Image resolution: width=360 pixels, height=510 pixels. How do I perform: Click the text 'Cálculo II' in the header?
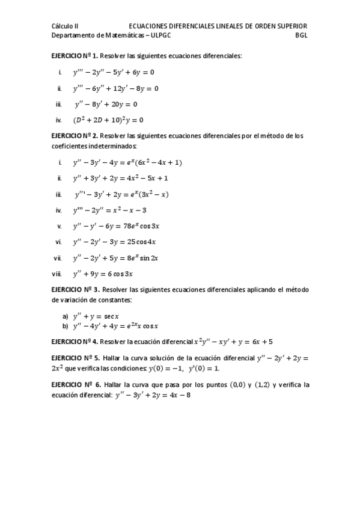(65, 26)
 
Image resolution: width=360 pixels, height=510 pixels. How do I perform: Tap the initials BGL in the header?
(302, 35)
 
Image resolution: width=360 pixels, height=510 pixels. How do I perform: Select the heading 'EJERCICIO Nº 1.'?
(75, 56)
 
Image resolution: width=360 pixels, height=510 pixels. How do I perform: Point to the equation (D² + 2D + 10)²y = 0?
(108, 120)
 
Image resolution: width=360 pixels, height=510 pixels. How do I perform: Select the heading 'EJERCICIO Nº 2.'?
(75, 136)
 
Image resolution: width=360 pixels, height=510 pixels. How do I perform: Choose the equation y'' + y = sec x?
(96, 316)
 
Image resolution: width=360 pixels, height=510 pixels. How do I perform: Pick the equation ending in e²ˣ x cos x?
(115, 326)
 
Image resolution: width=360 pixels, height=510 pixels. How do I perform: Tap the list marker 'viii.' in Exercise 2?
(57, 274)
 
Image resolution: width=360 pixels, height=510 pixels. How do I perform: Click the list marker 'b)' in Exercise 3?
(65, 326)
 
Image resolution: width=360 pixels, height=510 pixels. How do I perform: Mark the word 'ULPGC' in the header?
(159, 35)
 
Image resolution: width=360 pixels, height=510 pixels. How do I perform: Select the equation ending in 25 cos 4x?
(114, 242)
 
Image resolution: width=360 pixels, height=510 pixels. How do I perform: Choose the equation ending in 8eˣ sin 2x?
(115, 258)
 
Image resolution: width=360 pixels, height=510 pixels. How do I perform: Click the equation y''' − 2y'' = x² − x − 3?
(109, 210)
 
